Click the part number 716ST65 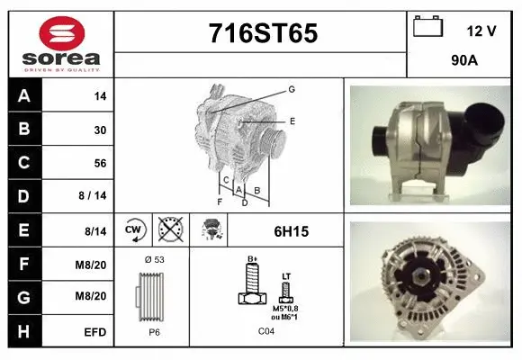click(x=262, y=33)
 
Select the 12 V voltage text click(x=481, y=31)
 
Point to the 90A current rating click(x=463, y=61)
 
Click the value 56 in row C click(x=100, y=164)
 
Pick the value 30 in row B click(x=100, y=130)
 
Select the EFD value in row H click(x=95, y=333)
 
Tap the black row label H click(x=23, y=332)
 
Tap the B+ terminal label click(x=253, y=259)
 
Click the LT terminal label click(x=286, y=276)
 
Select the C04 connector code click(x=266, y=331)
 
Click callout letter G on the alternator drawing click(x=292, y=89)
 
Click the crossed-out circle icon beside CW click(x=168, y=230)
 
